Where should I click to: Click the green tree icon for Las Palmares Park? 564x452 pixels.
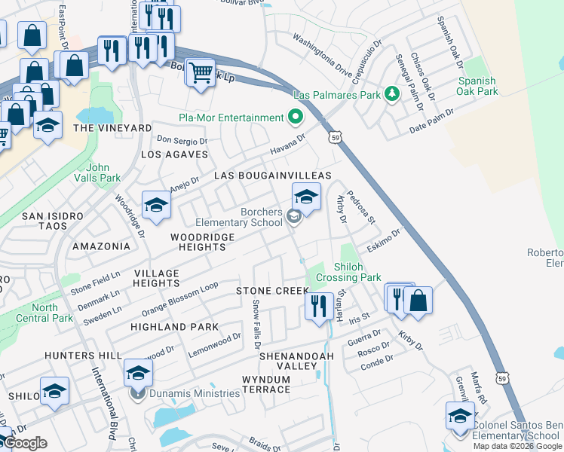[391, 94]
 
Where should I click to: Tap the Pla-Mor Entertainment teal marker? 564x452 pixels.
[295, 118]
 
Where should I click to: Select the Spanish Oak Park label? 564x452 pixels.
[477, 86]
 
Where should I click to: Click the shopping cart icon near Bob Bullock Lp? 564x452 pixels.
[200, 74]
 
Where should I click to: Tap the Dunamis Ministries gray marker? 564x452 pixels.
[137, 392]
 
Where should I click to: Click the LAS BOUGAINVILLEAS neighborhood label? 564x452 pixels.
[273, 176]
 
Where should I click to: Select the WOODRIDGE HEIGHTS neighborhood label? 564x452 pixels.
[198, 242]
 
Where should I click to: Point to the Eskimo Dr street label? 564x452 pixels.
[384, 240]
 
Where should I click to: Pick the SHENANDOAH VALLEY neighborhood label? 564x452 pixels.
[288, 360]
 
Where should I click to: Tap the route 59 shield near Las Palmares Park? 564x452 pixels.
[336, 136]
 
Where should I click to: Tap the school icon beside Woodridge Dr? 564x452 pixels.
[156, 205]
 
